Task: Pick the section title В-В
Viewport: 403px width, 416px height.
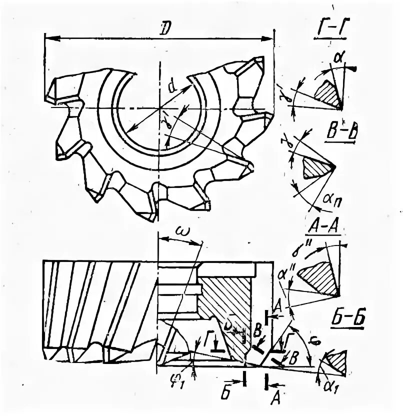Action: (340, 135)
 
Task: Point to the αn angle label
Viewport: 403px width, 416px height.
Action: (329, 199)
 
